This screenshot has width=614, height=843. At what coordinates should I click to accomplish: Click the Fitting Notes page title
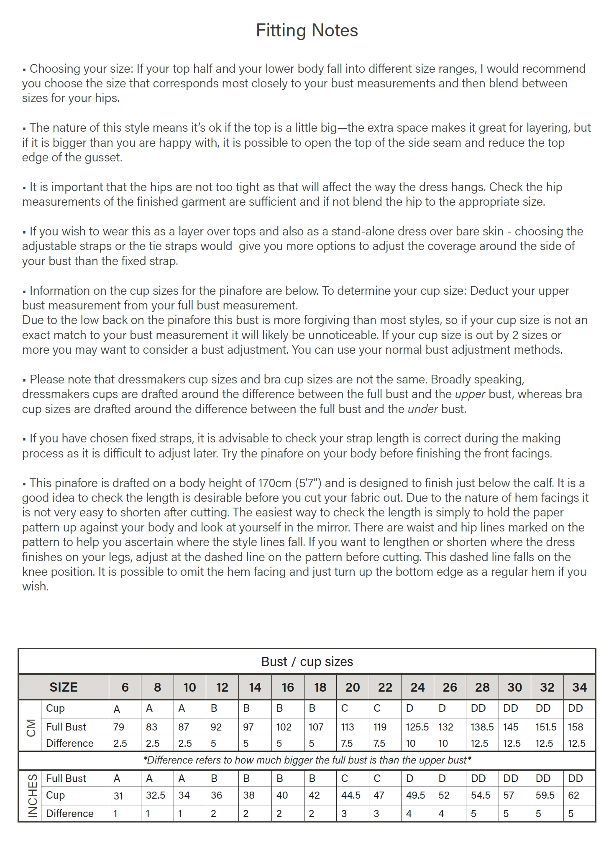(x=307, y=31)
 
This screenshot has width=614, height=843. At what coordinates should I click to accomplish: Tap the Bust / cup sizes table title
(x=307, y=662)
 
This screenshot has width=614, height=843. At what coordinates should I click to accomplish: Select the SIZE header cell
(x=64, y=687)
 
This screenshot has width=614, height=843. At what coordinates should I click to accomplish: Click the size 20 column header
(x=353, y=687)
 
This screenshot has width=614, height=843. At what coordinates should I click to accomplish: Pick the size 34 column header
(x=579, y=687)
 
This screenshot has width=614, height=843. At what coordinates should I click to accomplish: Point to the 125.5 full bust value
(x=417, y=727)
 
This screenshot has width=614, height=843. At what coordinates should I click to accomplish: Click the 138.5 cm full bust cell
(x=482, y=727)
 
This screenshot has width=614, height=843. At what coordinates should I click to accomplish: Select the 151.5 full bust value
(x=546, y=727)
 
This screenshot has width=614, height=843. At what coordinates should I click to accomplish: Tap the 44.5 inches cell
(x=350, y=795)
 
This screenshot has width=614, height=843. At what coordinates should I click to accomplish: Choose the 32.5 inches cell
(x=155, y=795)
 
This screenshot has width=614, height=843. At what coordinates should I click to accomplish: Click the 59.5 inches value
(x=545, y=795)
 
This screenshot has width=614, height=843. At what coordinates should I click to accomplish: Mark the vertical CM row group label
(x=31, y=728)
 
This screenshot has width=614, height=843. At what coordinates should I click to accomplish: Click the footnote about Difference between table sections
(x=307, y=760)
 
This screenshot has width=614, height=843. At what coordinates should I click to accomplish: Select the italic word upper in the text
(x=470, y=394)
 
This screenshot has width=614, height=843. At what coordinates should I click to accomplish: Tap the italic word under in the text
(x=422, y=409)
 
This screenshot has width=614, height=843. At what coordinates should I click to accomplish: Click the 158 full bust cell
(x=576, y=727)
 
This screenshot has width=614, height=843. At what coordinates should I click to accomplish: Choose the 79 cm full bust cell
(x=119, y=727)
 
